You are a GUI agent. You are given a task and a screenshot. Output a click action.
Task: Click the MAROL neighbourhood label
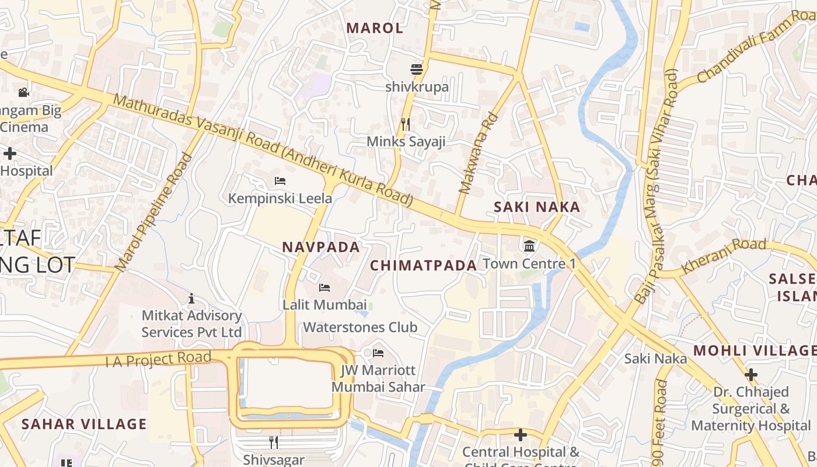point(375,27)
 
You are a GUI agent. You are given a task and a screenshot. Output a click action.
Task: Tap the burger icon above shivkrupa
point(416,69)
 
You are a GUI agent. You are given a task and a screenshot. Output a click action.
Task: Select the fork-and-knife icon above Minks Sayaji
point(406,124)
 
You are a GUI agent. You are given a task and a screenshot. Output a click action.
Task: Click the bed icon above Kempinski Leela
point(280,181)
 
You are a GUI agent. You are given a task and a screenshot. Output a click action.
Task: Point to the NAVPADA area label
point(321,247)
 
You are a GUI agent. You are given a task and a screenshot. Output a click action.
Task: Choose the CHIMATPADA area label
point(424,266)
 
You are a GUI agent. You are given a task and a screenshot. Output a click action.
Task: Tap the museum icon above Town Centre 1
point(529,245)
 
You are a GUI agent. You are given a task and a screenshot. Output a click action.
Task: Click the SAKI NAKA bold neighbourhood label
point(537,207)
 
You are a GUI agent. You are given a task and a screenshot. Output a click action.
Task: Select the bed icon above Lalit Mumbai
point(324,288)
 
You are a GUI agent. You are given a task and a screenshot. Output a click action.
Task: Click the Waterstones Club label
point(360,327)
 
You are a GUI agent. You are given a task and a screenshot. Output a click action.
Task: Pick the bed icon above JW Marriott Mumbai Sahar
point(378,353)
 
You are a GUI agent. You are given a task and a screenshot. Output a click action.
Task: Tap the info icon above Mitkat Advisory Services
point(191,299)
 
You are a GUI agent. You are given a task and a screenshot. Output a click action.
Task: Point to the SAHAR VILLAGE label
point(84,424)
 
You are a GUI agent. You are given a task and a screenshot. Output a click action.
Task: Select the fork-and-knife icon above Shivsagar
point(273,442)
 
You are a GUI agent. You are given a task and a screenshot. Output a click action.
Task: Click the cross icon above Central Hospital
point(520,435)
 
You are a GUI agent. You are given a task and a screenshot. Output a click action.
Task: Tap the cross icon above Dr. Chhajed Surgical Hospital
point(751,374)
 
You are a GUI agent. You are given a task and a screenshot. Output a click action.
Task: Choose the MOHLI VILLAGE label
point(755,350)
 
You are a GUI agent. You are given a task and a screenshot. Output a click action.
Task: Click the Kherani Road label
point(723,256)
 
